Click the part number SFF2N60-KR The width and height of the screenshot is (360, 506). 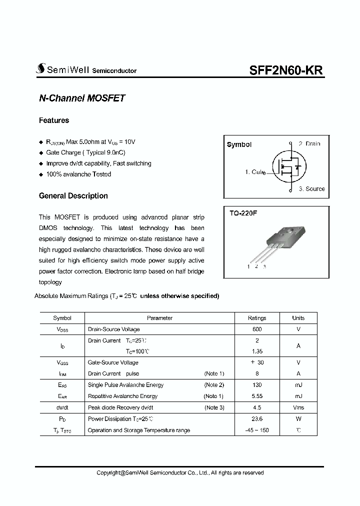[286, 70]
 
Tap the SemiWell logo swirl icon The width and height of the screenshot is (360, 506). [40, 69]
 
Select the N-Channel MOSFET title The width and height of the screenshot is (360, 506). [81, 98]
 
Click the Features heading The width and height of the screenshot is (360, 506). [54, 120]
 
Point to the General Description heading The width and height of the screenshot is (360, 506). [73, 196]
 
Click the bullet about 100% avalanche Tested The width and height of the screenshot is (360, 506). [78, 174]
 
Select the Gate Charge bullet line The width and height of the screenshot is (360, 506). [78, 152]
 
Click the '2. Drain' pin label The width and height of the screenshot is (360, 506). [309, 144]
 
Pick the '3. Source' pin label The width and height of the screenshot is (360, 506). [311, 189]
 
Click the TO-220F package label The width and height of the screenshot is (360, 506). [243, 213]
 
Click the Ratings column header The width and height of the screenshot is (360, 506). [257, 318]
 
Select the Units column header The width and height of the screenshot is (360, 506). [298, 318]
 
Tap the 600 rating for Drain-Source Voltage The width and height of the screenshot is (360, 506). [257, 329]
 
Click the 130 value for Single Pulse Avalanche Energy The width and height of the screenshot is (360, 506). [257, 385]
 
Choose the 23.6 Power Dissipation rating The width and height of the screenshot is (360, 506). [257, 419]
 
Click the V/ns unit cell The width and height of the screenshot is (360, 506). [298, 407]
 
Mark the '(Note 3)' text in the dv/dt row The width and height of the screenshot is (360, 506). [214, 407]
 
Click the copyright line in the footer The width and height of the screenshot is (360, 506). [179, 472]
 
